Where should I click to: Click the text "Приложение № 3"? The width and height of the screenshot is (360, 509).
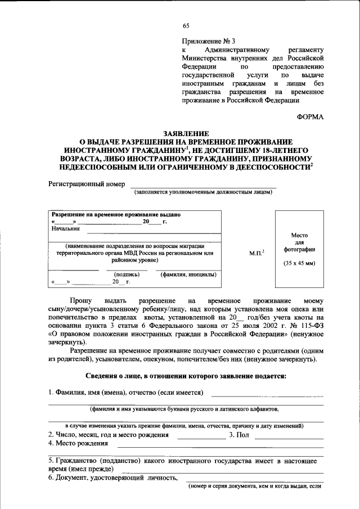(x=207, y=41)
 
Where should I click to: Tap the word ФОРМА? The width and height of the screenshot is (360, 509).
(x=310, y=117)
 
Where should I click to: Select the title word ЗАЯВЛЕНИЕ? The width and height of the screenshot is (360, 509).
(x=186, y=134)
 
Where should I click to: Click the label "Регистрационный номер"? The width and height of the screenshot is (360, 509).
(x=87, y=184)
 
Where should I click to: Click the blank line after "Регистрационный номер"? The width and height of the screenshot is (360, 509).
(x=203, y=186)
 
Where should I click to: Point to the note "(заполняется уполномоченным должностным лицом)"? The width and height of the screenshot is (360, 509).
(x=203, y=192)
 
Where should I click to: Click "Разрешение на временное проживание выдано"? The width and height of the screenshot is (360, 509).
(x=116, y=215)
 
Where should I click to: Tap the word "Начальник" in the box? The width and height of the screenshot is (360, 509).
(x=66, y=229)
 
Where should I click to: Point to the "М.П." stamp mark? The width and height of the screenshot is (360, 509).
(x=256, y=254)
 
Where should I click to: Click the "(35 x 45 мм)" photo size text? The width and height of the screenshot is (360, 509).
(x=299, y=263)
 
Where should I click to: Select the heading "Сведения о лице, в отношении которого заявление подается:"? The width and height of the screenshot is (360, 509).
(x=186, y=376)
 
